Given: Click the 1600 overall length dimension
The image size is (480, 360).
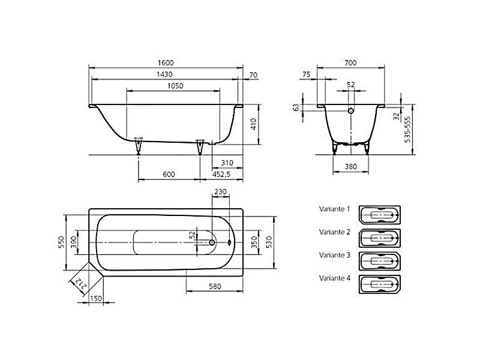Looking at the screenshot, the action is click(x=166, y=63).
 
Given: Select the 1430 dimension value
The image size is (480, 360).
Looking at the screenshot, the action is click(x=164, y=74).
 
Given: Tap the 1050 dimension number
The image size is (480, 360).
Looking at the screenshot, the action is click(x=175, y=86).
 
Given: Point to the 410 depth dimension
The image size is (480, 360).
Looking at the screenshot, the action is click(x=253, y=124).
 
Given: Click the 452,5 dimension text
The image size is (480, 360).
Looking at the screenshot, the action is click(x=221, y=175).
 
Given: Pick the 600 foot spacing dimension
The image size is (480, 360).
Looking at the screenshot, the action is click(x=169, y=175).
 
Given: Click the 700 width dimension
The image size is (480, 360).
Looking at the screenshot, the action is click(x=350, y=63).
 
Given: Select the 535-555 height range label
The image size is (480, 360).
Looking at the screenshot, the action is click(x=407, y=129).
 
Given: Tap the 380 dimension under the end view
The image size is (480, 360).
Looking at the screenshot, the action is click(x=351, y=167).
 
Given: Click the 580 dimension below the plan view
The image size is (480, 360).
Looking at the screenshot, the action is click(x=215, y=287).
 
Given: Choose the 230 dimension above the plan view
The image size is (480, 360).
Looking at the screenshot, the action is click(x=220, y=191).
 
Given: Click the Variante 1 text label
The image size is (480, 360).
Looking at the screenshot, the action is click(x=334, y=209).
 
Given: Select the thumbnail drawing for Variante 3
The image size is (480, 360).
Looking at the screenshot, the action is click(x=380, y=261).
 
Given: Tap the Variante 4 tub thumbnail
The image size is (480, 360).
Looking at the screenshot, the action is click(x=380, y=284).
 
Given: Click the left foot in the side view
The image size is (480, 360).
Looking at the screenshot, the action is click(x=139, y=146).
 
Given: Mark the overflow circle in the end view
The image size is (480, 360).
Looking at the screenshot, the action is click(x=351, y=110).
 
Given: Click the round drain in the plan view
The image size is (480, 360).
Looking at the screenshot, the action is click(x=212, y=242).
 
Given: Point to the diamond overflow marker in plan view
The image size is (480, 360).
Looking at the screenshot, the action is click(x=230, y=242).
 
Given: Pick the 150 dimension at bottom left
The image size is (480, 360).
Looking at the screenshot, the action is click(x=96, y=298).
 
